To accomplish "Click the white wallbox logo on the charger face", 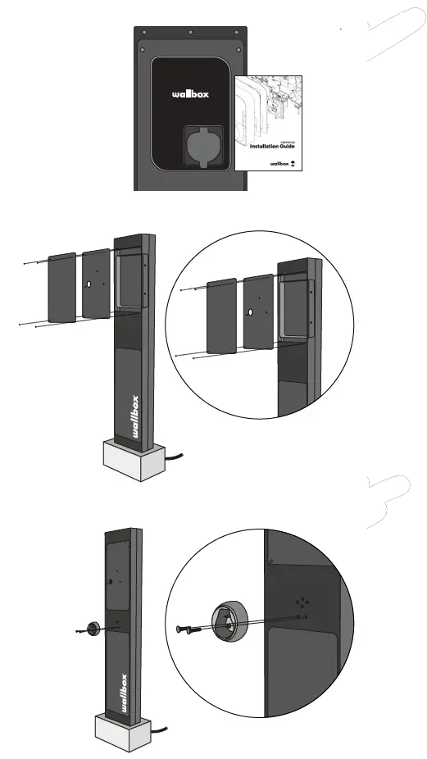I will pyautogui.click(x=190, y=94).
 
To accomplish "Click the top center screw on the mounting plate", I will pyautogui.click(x=190, y=34).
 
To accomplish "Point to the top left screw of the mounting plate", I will pyautogui.click(x=143, y=34).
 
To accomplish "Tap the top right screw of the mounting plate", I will pyautogui.click(x=237, y=34).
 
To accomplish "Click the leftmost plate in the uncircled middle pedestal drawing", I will pyautogui.click(x=62, y=288).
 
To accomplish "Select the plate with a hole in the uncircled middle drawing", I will pyautogui.click(x=96, y=284).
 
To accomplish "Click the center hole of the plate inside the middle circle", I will pyautogui.click(x=250, y=312).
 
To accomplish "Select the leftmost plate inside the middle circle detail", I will pyautogui.click(x=221, y=316).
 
